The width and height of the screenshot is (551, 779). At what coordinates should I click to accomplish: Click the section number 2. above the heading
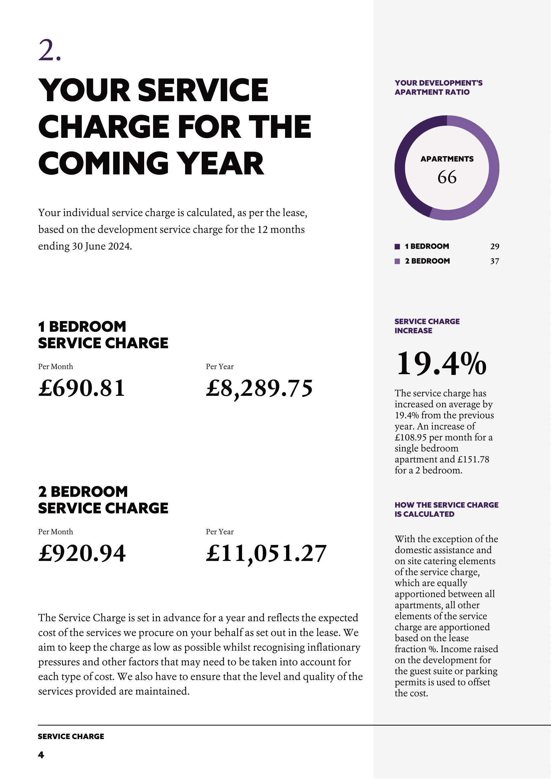point(50,51)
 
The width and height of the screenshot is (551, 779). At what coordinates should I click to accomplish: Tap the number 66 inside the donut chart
point(447,177)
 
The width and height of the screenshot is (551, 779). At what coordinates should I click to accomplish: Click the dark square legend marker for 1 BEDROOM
point(397,247)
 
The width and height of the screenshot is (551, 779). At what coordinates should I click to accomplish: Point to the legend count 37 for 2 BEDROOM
point(494,261)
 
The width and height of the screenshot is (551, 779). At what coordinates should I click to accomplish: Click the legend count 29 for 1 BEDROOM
point(494,247)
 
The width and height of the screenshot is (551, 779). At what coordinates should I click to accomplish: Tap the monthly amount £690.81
point(82,388)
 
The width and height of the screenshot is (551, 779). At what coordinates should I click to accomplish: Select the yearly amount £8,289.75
point(259,388)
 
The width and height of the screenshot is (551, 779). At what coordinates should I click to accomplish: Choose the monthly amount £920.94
point(82,553)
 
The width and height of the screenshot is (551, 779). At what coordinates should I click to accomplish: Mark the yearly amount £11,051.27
point(266,553)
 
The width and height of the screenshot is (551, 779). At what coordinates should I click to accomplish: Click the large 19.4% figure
point(441,364)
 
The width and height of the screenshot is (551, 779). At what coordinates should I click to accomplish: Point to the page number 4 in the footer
point(41,755)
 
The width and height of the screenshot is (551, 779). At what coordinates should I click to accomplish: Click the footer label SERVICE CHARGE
point(71,736)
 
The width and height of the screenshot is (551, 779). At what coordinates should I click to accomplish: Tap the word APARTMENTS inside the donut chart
point(447,159)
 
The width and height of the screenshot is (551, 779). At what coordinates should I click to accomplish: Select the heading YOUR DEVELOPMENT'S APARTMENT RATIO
point(438,88)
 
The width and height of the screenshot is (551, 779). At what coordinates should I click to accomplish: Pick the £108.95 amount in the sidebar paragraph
point(410,437)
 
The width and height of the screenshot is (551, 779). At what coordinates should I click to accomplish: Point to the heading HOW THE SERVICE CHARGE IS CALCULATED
point(446,509)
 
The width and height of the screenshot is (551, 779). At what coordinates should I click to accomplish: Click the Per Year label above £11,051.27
point(219,532)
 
